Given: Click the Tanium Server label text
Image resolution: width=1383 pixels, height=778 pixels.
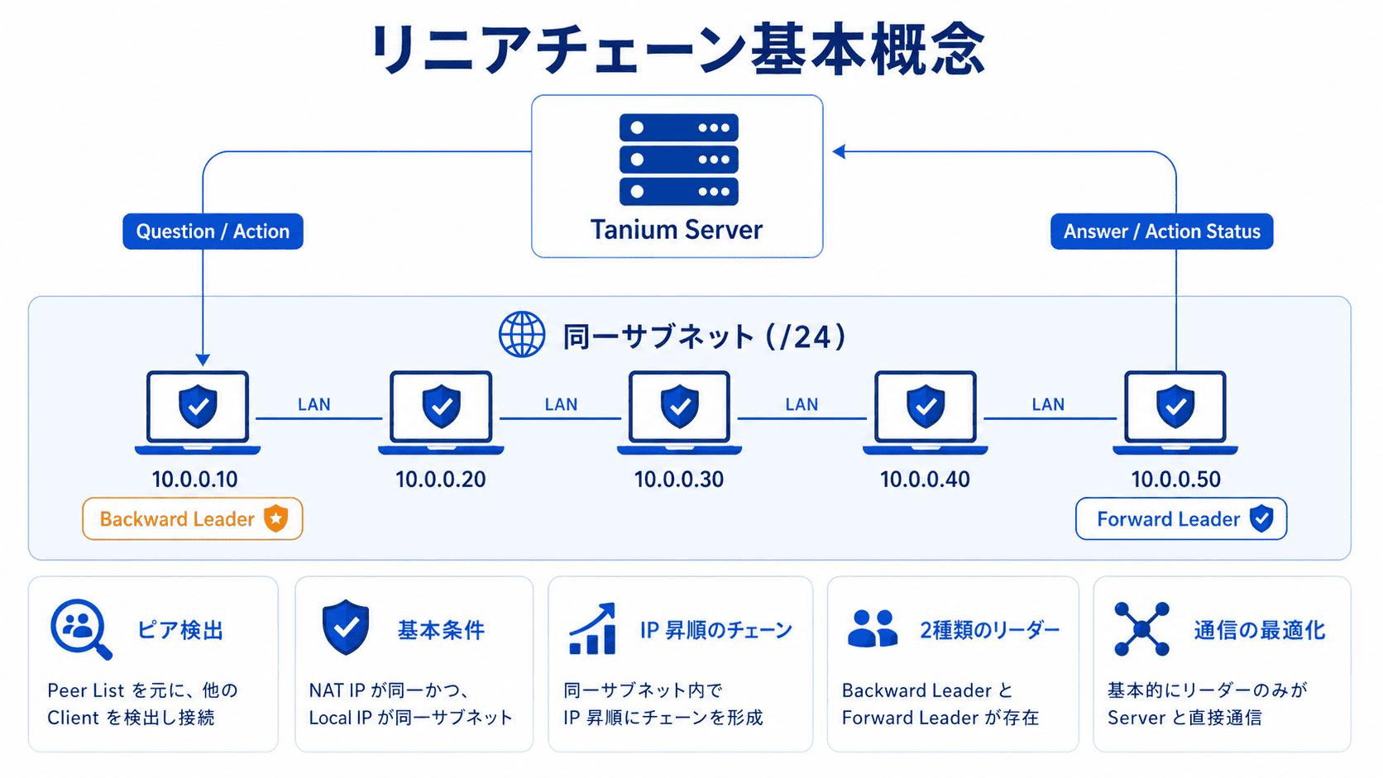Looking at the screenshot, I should click(676, 230).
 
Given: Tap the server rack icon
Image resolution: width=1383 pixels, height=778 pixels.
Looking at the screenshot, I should click(678, 160).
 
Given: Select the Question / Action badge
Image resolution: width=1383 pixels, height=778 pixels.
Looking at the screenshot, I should click(213, 231).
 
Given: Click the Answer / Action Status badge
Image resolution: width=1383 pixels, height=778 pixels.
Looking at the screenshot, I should click(1161, 231).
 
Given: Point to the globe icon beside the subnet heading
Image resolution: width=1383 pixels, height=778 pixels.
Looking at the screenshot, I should click(522, 335).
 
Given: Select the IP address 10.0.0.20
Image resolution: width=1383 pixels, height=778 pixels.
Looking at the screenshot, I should click(440, 480).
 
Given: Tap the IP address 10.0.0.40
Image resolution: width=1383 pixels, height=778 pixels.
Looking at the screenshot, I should click(925, 480).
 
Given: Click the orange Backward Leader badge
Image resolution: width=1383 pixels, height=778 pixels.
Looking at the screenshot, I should click(193, 519).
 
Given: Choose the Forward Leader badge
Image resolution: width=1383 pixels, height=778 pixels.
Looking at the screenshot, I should click(1180, 519).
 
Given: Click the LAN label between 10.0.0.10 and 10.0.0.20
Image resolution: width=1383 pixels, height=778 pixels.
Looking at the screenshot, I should click(314, 404).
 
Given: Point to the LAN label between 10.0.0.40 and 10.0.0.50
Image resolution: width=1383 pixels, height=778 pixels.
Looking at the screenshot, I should click(1048, 404).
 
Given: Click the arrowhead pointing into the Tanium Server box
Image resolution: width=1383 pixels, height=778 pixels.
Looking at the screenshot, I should click(839, 151).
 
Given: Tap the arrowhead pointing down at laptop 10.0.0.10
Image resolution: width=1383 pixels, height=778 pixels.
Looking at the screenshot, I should click(203, 360).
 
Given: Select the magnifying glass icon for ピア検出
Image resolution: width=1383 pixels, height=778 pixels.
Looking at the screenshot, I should click(80, 629).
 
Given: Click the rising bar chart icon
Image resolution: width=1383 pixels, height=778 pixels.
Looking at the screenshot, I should click(593, 629).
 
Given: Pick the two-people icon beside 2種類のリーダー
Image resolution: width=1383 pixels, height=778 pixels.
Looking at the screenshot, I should click(872, 629).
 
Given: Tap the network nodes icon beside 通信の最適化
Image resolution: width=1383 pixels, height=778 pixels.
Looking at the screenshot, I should click(1141, 629).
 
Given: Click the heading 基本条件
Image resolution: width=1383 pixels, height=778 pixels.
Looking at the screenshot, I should click(441, 630).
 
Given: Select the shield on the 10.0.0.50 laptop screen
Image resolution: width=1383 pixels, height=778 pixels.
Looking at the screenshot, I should click(1175, 406).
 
